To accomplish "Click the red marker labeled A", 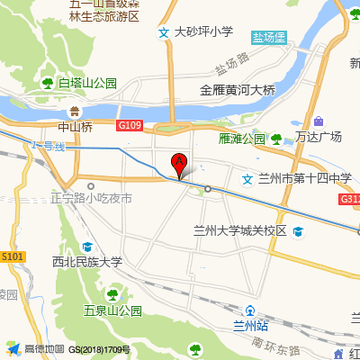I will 178,164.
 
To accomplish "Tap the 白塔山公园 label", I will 87,83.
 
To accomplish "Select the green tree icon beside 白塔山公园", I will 49,83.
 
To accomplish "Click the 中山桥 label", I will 75,127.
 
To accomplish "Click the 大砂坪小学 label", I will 203,32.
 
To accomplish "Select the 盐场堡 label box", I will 268,38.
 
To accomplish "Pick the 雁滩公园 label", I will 242,139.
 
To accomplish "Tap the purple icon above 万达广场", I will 319,121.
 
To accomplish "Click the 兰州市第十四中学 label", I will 304,178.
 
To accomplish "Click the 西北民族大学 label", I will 86,262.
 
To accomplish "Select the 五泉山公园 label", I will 113,311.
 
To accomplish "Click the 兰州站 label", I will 251,325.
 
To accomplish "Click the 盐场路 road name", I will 231,67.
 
